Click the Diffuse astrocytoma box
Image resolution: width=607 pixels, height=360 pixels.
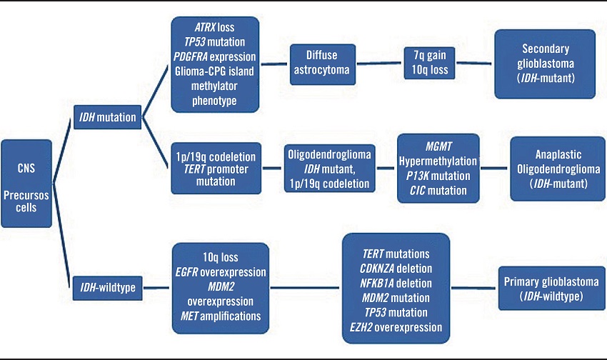323,64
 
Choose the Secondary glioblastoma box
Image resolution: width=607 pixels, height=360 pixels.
544,64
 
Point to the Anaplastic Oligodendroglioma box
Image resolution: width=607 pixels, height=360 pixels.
555,169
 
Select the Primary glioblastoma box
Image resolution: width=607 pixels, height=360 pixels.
545,288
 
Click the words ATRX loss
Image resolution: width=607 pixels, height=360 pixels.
215,28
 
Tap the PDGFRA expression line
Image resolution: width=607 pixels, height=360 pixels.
215,56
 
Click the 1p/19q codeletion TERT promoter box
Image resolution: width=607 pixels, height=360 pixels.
215,169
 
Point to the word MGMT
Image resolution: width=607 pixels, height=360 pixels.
437,147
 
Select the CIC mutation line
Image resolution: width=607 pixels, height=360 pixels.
437,190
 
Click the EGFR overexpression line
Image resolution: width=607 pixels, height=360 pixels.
220,272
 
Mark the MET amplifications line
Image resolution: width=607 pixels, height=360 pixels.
220,315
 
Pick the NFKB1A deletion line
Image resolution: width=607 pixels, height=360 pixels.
395,282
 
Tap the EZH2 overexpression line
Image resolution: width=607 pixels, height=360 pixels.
395,326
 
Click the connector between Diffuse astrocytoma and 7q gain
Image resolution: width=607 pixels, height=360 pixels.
379,64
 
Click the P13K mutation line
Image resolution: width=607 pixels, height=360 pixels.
437,176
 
